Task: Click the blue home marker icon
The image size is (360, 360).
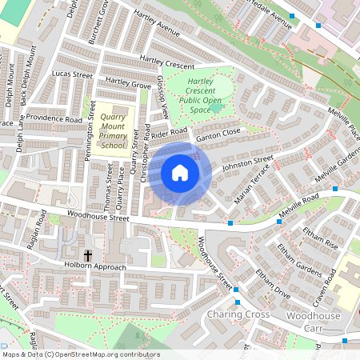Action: click(x=180, y=173)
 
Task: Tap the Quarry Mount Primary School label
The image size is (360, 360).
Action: click(x=112, y=130)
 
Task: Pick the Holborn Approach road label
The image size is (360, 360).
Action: click(x=95, y=266)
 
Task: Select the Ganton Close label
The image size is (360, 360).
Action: click(x=219, y=134)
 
